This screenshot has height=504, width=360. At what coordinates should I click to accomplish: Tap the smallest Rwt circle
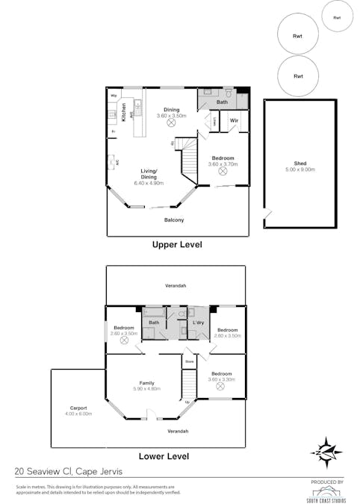click(x=337, y=17)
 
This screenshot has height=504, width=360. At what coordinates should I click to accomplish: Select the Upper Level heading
click(x=177, y=244)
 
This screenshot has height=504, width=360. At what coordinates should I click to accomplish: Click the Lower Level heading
click(x=164, y=456)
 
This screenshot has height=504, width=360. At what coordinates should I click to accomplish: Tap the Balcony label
click(x=174, y=220)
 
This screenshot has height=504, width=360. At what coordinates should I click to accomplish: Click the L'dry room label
click(x=199, y=322)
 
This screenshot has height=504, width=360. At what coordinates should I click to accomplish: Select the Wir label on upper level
click(x=234, y=120)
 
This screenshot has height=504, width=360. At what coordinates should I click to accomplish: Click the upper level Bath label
click(x=222, y=102)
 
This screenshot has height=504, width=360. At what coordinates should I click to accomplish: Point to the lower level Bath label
click(x=154, y=322)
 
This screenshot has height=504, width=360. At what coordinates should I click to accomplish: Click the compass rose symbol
click(x=326, y=450)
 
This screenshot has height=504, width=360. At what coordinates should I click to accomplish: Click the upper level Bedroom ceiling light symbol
click(x=223, y=171)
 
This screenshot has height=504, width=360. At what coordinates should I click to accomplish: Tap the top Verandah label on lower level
click(x=176, y=286)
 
